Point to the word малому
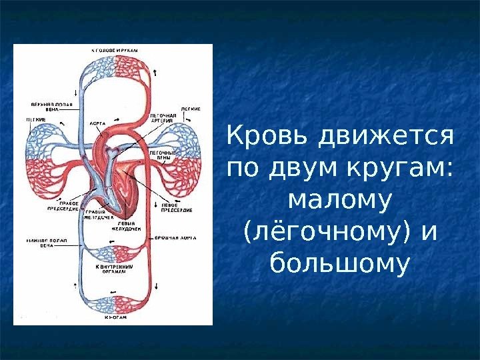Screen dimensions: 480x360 (339, 200)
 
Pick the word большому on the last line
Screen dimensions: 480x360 (339, 263)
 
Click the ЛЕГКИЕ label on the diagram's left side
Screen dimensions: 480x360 (36, 119)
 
